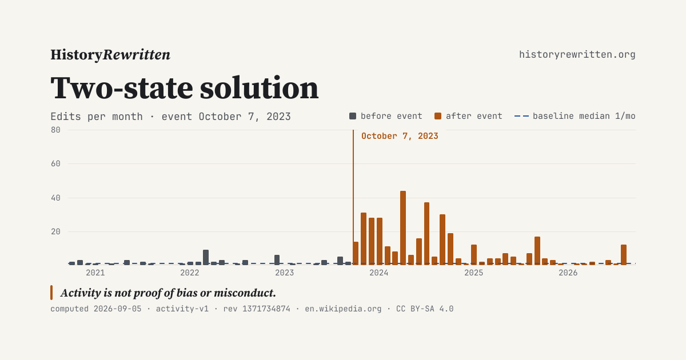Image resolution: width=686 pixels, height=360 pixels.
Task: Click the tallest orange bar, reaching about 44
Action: [402, 228]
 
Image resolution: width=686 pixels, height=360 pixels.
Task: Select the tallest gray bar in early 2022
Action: [206, 258]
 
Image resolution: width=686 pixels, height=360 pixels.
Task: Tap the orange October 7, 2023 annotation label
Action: [400, 136]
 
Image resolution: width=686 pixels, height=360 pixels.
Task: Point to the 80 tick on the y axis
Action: [56, 130]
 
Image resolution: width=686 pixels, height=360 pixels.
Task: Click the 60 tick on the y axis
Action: [56, 164]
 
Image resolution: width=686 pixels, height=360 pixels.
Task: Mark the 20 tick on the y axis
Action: [56, 232]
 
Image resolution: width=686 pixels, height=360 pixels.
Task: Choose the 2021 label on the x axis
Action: [95, 273]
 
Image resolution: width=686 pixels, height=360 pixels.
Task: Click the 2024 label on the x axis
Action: [379, 273]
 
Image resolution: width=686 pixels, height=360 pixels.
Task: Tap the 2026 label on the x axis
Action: [568, 273]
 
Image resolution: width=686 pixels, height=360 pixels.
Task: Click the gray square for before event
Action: [353, 116]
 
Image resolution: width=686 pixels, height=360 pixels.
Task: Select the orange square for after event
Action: [438, 116]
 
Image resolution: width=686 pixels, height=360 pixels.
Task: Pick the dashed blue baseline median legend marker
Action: [521, 116]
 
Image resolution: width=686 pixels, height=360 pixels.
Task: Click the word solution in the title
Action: [260, 88]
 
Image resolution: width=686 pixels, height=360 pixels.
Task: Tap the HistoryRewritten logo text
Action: [110, 55]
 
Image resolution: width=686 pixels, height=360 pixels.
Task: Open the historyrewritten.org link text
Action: [577, 55]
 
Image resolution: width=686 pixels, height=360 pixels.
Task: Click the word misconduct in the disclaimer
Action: [245, 293]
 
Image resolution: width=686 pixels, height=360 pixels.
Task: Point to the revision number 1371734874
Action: [266, 309]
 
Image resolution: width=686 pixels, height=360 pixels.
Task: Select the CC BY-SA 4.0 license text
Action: [425, 309]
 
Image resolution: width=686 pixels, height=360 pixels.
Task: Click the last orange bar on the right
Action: [624, 255]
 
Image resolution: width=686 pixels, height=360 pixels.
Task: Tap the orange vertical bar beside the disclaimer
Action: [51, 293]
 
